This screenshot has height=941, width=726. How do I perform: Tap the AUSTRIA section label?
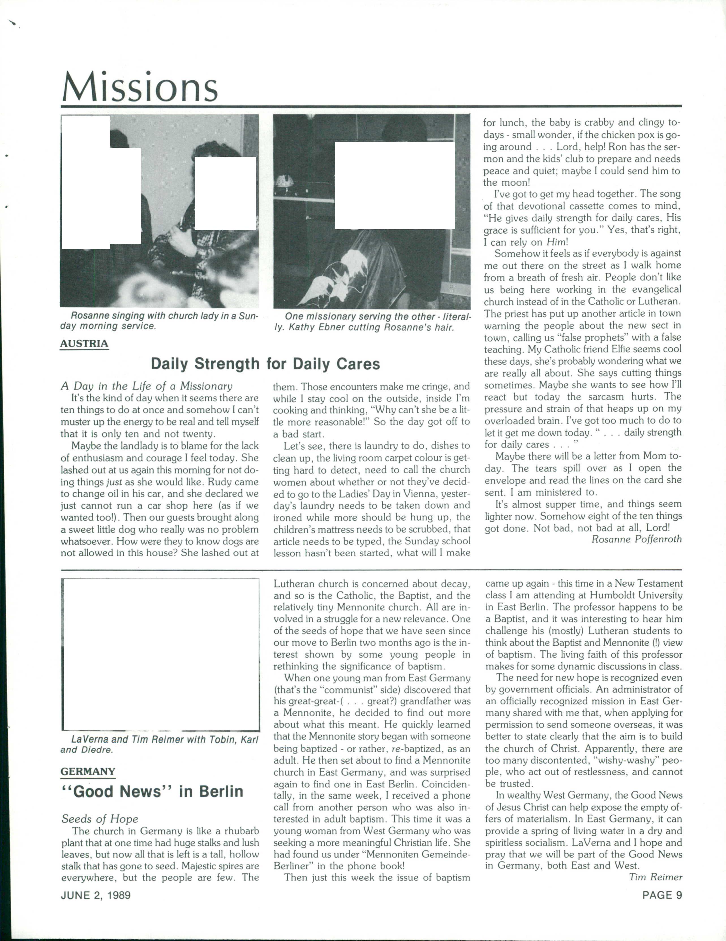[84, 344]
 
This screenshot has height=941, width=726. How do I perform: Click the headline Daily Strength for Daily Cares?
[265, 364]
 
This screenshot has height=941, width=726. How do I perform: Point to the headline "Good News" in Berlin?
[153, 792]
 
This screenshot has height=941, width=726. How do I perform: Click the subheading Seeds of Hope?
[100, 819]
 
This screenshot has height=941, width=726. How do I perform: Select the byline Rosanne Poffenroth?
[636, 539]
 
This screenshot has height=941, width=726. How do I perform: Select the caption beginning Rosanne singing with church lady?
[159, 321]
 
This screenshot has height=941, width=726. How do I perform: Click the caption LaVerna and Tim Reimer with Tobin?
[159, 744]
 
